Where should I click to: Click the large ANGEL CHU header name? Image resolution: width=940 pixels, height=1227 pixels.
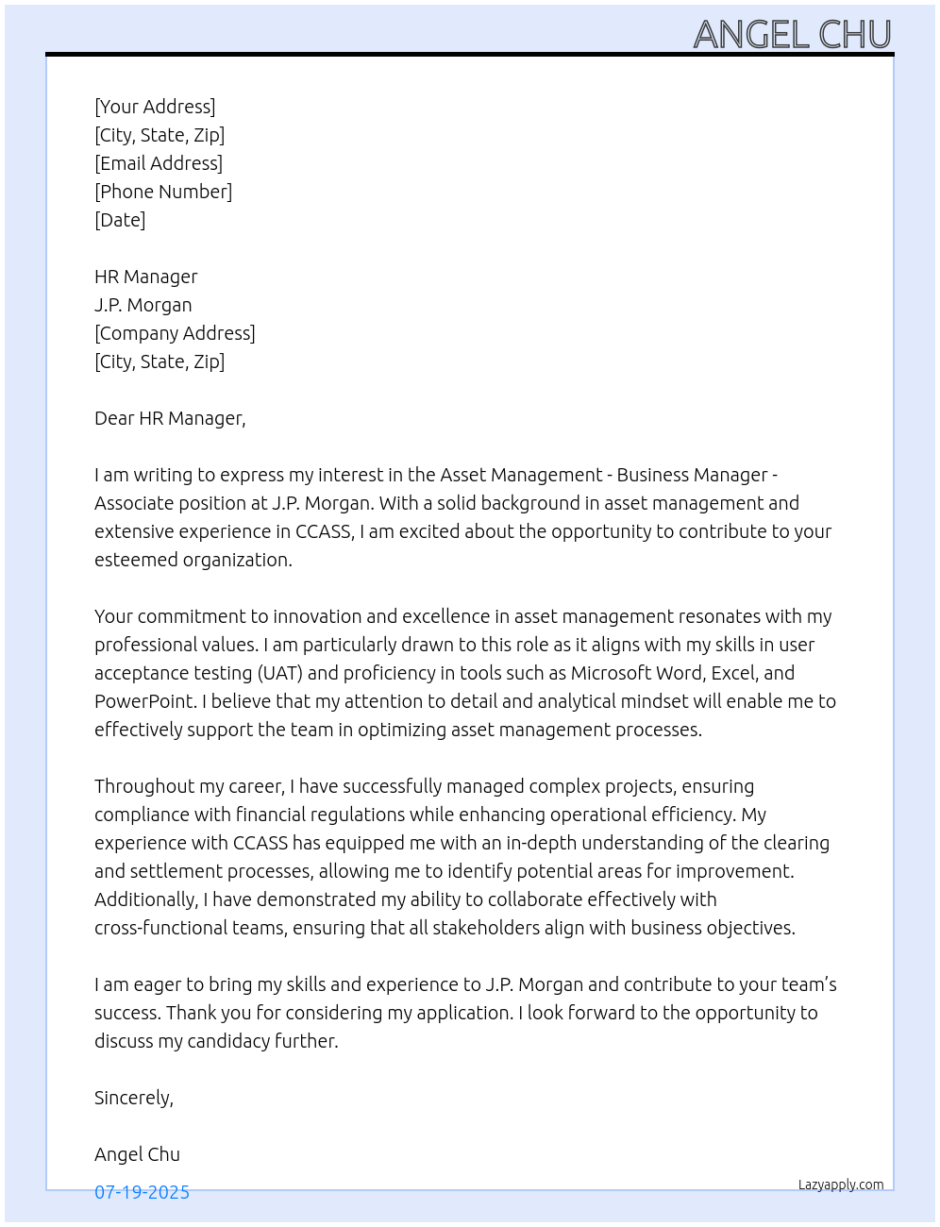point(792,35)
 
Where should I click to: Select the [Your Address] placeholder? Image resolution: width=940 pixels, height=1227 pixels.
point(155,107)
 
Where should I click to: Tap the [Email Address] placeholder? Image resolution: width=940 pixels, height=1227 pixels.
point(159,163)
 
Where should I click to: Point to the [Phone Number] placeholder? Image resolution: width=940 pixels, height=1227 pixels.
point(163,192)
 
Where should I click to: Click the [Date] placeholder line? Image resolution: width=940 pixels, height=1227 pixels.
point(120,220)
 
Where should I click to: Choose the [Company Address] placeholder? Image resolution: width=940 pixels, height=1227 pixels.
point(175,333)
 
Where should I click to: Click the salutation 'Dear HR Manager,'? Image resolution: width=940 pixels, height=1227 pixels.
point(170,418)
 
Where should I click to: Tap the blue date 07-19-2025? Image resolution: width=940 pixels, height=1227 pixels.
point(142,1192)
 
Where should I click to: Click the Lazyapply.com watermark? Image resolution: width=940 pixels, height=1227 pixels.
point(841,1185)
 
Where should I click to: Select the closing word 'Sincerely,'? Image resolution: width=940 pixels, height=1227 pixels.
point(134,1098)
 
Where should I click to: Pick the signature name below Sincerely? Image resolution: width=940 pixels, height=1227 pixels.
point(137,1154)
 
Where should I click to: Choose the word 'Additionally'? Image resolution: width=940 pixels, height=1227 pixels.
point(144,899)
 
